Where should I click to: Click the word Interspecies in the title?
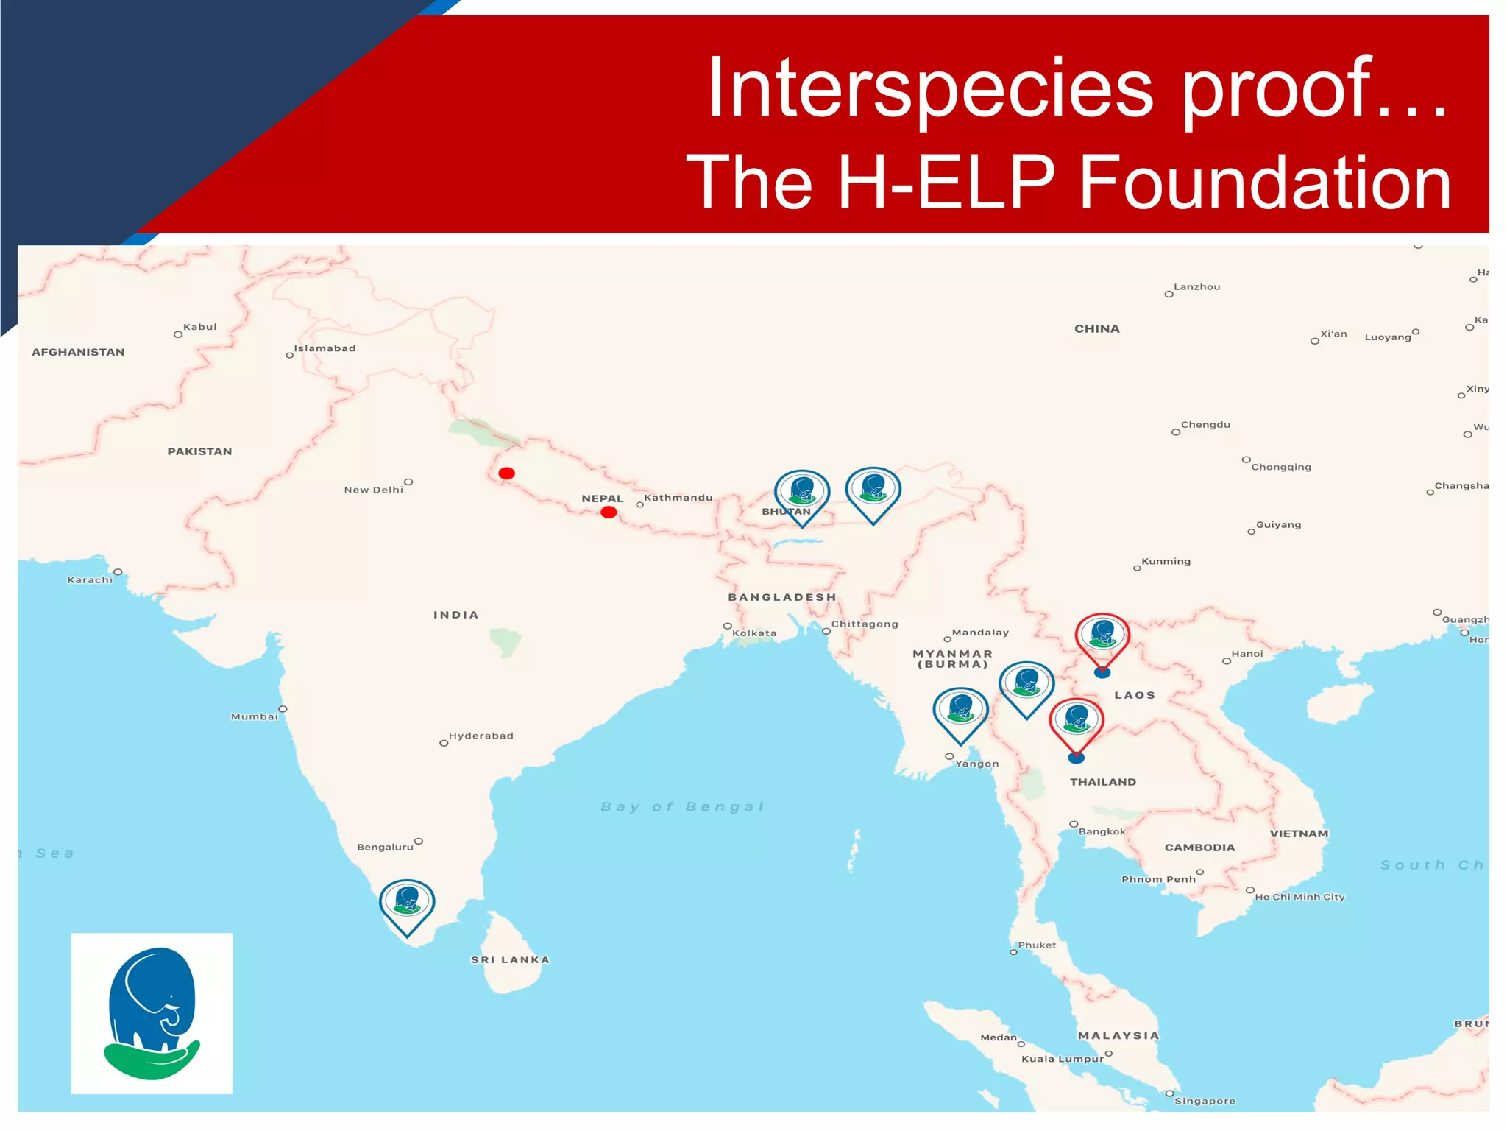click(929, 88)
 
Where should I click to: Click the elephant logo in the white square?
click(152, 1013)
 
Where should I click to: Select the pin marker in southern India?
click(407, 903)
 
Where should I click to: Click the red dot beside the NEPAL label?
click(609, 512)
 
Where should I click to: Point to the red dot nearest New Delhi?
click(506, 473)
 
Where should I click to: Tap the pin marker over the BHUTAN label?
click(802, 493)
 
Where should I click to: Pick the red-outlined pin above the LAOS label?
click(1102, 636)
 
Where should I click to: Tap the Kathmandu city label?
click(678, 498)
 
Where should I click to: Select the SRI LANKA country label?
click(510, 959)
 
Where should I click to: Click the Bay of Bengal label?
click(682, 806)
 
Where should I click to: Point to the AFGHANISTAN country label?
click(78, 352)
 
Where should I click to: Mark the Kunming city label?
click(1166, 561)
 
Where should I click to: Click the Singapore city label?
click(1205, 1101)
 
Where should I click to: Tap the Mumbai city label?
click(255, 716)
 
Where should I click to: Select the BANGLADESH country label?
click(782, 597)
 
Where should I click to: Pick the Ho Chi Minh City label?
click(1299, 897)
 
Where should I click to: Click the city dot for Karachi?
click(118, 572)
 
